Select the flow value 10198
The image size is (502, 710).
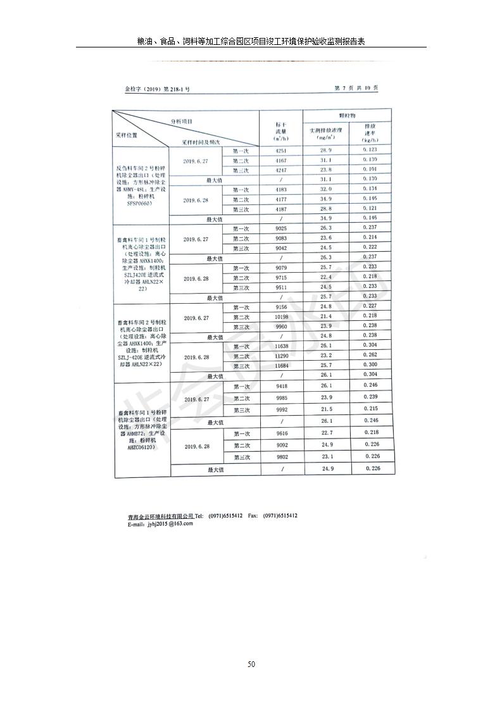pyautogui.click(x=282, y=316)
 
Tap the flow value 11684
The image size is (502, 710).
pyautogui.click(x=282, y=366)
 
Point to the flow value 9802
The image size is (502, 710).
pyautogui.click(x=282, y=456)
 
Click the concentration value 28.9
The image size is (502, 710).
pyautogui.click(x=326, y=150)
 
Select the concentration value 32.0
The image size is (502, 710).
pyautogui.click(x=326, y=189)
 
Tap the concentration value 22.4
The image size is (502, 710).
pyautogui.click(x=326, y=277)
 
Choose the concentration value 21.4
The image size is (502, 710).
pyautogui.click(x=326, y=316)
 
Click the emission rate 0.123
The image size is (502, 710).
pyautogui.click(x=370, y=149)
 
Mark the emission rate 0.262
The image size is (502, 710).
pyautogui.click(x=371, y=355)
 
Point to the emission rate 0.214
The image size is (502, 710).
pyautogui.click(x=370, y=237)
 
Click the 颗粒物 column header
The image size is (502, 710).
pyautogui.click(x=347, y=116)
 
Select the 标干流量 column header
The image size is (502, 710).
pyautogui.click(x=281, y=131)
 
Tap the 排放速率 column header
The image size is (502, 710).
pyautogui.click(x=370, y=133)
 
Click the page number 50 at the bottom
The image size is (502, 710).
pyautogui.click(x=251, y=664)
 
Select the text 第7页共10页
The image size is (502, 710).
pyautogui.click(x=356, y=88)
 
